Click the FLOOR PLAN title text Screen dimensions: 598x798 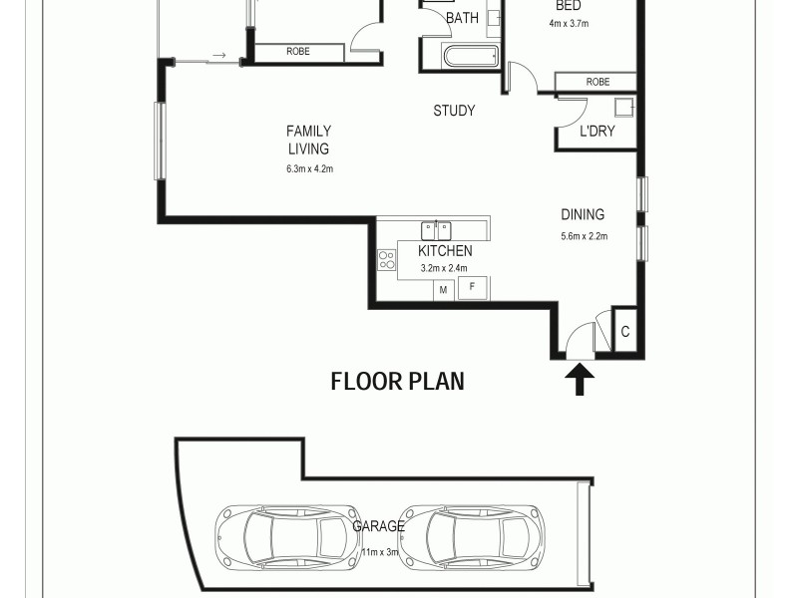[x=397, y=381]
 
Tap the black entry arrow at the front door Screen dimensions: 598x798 [x=580, y=379]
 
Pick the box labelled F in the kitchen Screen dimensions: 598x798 [x=472, y=289]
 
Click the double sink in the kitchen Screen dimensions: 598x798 [x=436, y=229]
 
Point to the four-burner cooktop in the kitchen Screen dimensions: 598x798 [x=386, y=259]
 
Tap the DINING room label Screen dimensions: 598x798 [x=583, y=214]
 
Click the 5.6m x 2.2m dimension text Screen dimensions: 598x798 [x=584, y=236]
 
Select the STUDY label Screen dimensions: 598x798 [x=454, y=111]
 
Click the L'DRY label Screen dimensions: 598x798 [x=597, y=131]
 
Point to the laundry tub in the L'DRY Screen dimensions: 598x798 [x=624, y=109]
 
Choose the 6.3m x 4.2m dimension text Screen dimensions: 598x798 [x=308, y=169]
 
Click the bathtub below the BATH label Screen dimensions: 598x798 [x=471, y=56]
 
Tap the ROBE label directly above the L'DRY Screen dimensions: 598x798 [x=598, y=82]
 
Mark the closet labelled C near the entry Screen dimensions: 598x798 [x=625, y=332]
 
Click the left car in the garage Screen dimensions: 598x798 [x=289, y=535]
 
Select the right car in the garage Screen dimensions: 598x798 [x=477, y=535]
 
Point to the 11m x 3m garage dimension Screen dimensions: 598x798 [x=379, y=551]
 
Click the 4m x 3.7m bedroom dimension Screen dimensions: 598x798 [x=568, y=23]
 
